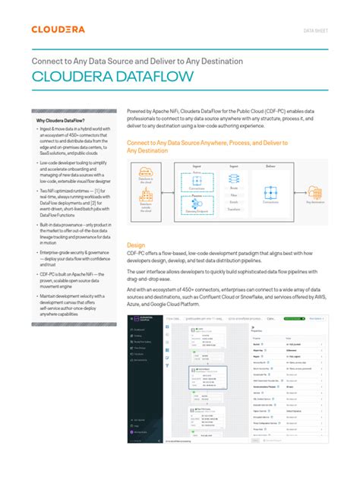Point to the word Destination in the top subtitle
222,60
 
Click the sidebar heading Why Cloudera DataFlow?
62,120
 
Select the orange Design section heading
135,225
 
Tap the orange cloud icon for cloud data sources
145,173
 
